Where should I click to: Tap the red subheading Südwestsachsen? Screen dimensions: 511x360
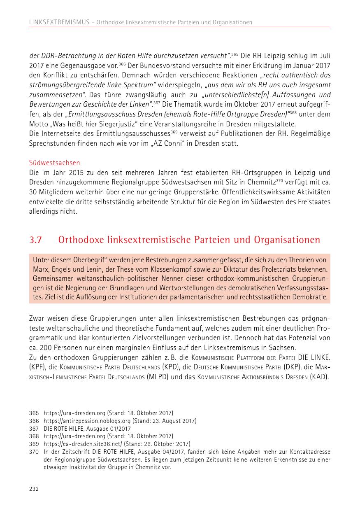click(54, 163)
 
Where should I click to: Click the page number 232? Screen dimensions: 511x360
click(34, 489)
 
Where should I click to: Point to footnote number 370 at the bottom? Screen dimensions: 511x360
click(34, 452)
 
